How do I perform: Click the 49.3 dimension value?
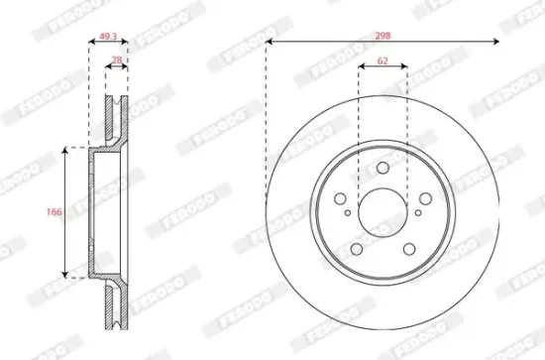click(x=108, y=36)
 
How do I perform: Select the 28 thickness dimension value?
click(x=118, y=60)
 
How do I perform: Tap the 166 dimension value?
click(x=54, y=211)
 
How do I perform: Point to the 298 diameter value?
click(x=382, y=36)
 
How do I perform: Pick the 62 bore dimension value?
click(x=382, y=60)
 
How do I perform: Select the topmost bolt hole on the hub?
click(x=382, y=168)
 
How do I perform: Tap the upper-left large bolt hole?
click(x=340, y=199)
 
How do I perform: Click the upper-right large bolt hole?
click(x=425, y=198)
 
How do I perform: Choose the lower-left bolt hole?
click(x=357, y=249)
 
